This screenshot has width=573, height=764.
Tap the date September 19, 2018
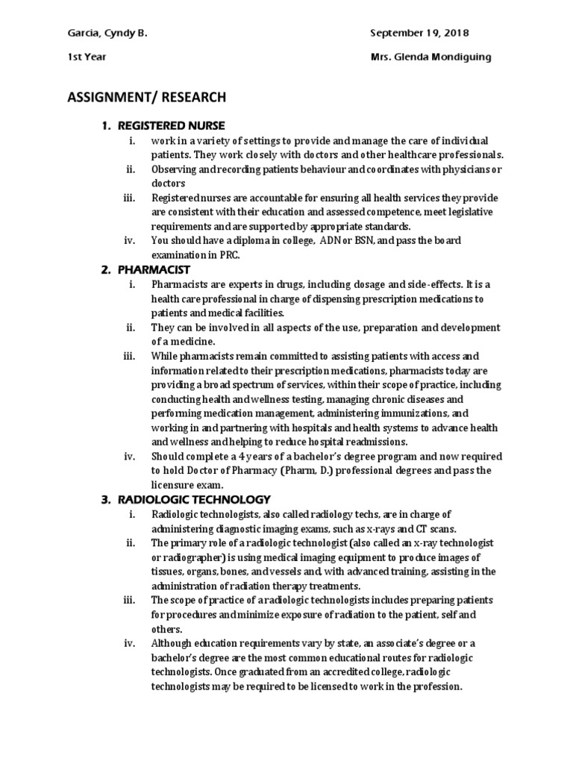(419, 34)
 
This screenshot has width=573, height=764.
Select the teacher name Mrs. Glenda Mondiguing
(431, 57)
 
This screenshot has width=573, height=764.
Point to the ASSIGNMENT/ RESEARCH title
(146, 97)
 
